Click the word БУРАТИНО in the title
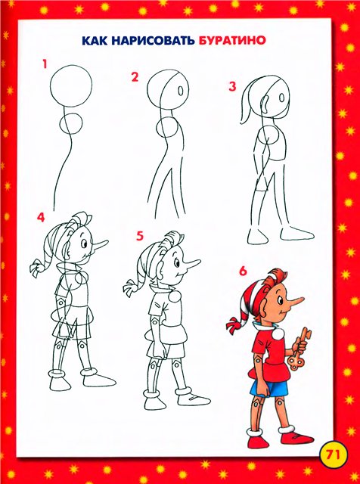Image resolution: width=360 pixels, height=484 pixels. coord(232,40)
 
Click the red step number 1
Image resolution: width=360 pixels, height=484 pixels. coord(45,64)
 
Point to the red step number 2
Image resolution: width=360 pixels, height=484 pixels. coord(135,77)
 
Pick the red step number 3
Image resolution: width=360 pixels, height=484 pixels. coord(232,87)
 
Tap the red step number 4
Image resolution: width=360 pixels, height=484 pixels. coord(41,217)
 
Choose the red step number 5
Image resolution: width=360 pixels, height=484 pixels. coord(140,236)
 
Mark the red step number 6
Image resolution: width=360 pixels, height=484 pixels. coord(243,271)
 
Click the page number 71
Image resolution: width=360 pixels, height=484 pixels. coord(333,455)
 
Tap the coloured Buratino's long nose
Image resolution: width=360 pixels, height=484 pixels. coord(295,300)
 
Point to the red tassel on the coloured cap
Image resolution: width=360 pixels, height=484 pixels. coord(234,325)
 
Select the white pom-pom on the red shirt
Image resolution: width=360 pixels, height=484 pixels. coord(278,334)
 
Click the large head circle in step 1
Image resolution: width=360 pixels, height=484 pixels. coord(71,86)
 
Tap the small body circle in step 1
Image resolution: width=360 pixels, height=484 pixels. coord(71,123)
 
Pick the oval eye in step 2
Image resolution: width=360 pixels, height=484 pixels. coord(181,91)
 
